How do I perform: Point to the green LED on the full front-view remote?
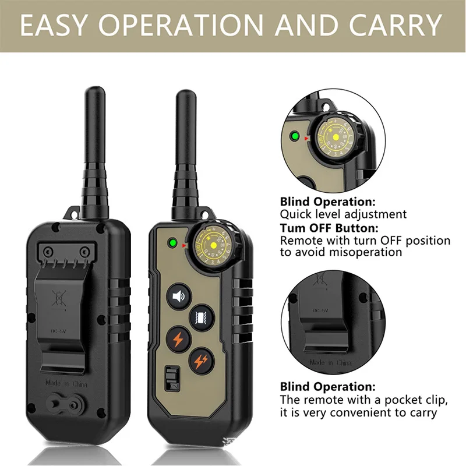point(172,245)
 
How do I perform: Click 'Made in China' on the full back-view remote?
point(66,383)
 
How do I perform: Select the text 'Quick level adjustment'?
point(343,214)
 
